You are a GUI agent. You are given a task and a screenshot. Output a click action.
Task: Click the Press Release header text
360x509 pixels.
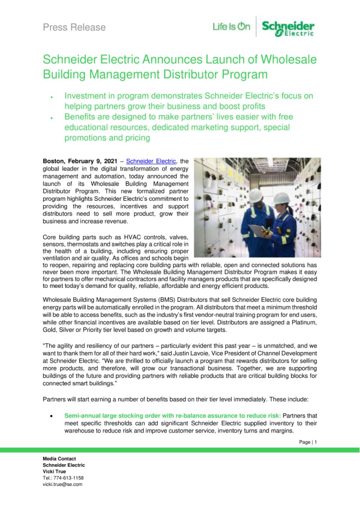pos(74,27)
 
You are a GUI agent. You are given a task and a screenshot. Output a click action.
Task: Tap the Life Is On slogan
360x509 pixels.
pos(231,26)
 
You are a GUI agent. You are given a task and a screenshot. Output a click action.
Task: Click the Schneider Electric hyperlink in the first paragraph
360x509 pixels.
pos(151,161)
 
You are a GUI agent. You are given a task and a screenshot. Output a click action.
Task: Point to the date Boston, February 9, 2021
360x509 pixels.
pos(80,161)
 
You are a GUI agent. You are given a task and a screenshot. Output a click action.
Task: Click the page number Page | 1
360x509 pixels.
pos(308,442)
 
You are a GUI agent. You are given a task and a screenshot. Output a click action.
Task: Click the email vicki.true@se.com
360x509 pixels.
pos(62,484)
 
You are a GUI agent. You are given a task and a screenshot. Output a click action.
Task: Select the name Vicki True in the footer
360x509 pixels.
pos(54,472)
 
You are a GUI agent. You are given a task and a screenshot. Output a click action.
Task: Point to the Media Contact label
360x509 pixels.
pos(59,459)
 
